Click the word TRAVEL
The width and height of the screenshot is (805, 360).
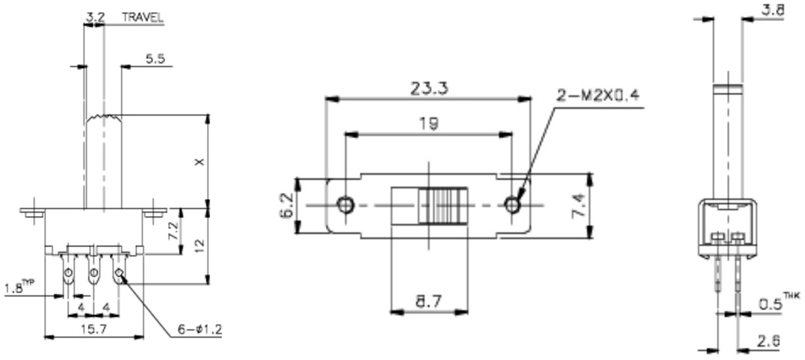(x=143, y=17)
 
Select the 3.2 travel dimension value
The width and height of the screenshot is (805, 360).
(x=95, y=17)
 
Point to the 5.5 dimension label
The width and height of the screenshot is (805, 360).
(x=155, y=58)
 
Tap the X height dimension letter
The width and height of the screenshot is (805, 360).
(x=200, y=162)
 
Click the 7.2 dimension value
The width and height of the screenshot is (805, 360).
(x=173, y=230)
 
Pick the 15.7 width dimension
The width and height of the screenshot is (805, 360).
(x=94, y=329)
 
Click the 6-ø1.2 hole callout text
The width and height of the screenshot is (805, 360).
(x=200, y=329)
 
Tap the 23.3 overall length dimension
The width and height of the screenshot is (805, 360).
(x=429, y=88)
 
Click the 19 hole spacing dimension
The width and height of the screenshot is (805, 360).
(x=429, y=124)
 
